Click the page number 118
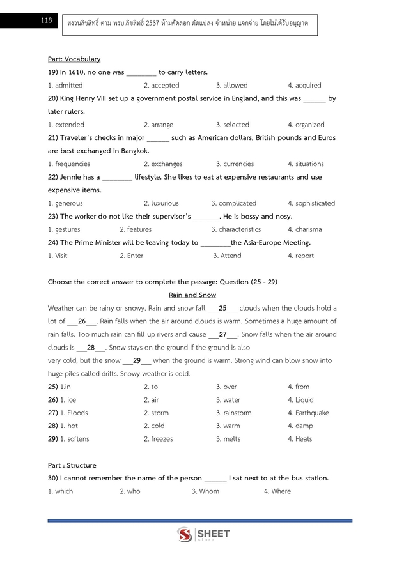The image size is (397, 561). [45, 20]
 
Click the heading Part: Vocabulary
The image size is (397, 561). [74, 59]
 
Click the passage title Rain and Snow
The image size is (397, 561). [192, 295]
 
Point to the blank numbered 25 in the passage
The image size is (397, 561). [223, 308]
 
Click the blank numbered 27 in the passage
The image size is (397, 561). [223, 334]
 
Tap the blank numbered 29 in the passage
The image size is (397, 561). [137, 360]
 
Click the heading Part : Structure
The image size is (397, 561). [72, 465]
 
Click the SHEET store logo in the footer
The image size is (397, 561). [203, 535]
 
